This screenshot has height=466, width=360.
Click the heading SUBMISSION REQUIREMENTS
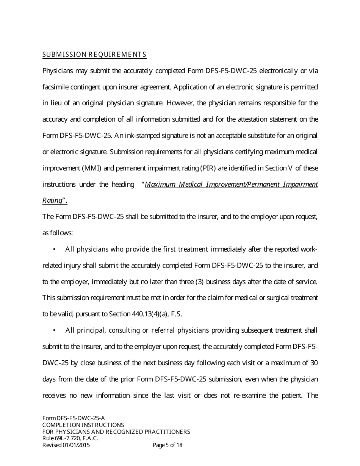point(94,55)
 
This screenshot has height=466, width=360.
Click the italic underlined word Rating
point(52,200)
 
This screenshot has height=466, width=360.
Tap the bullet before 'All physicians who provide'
point(55,249)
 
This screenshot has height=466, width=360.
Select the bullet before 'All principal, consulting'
point(55,330)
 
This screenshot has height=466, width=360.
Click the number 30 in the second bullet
point(314,363)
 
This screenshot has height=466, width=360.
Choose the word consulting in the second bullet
point(124,330)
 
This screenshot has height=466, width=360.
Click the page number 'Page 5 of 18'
point(167,445)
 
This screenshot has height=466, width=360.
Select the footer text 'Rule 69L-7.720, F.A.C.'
point(70,438)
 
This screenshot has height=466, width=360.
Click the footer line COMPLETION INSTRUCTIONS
point(83,425)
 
